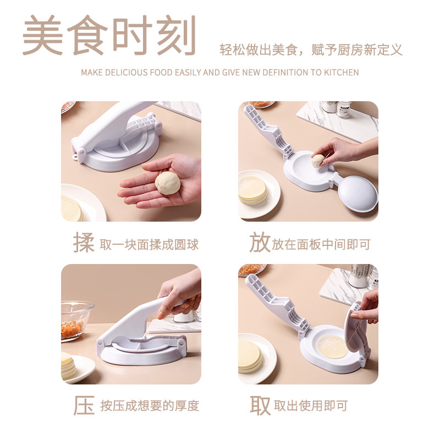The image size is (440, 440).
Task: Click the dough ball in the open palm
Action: click(168, 183)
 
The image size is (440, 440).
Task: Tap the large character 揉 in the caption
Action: click(84, 243)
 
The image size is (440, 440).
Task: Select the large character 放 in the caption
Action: click(260, 243)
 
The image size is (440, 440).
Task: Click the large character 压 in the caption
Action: click(84, 405)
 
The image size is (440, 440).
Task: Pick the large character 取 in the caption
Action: click(260, 405)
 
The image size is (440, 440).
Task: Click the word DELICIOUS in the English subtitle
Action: click(127, 73)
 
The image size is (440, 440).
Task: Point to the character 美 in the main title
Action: click(43, 35)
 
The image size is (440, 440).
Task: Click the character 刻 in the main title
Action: click(176, 35)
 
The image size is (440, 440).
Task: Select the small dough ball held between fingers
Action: click(318, 161)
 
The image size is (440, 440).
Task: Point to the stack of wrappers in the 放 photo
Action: click(253, 190)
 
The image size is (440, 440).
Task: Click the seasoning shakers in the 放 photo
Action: click(337, 109)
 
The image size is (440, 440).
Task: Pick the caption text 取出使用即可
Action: click(311, 406)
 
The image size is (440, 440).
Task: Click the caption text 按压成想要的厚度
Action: click(150, 406)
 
